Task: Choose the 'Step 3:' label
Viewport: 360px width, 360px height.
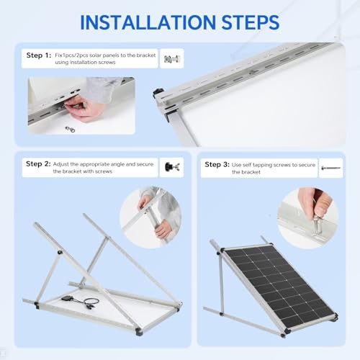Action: point(217,165)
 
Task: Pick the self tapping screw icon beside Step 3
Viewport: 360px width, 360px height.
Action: point(331,166)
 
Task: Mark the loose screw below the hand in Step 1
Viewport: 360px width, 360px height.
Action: point(70,130)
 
